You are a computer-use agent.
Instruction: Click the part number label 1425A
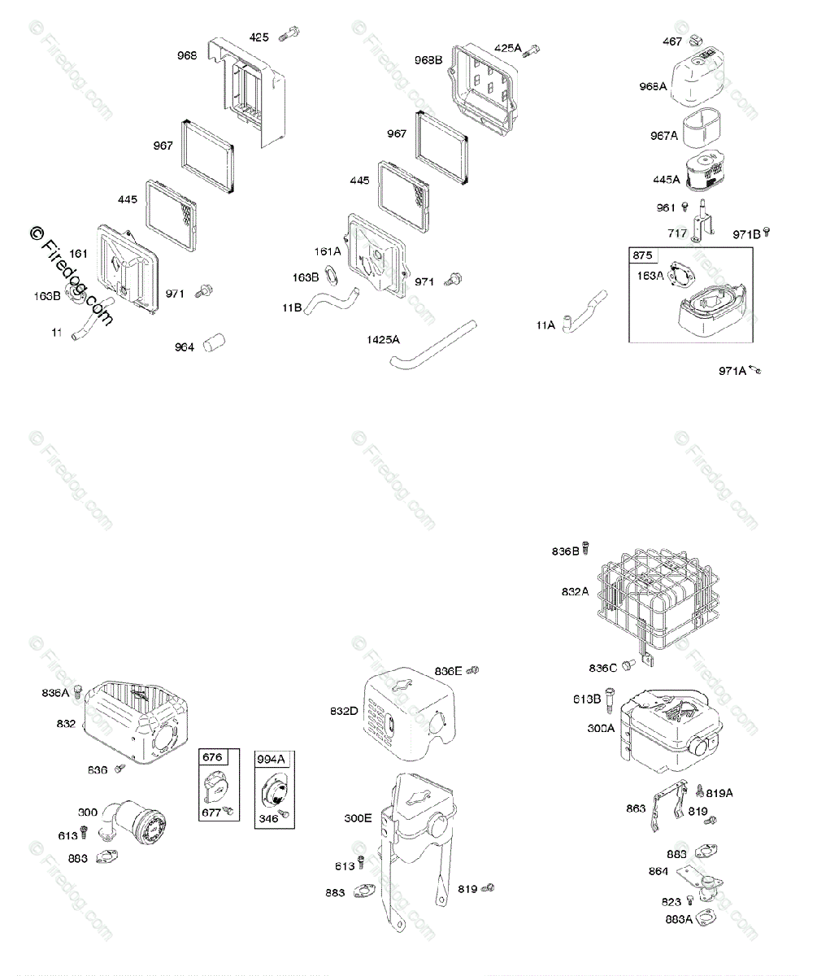[x=383, y=338]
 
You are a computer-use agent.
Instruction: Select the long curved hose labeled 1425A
[x=440, y=343]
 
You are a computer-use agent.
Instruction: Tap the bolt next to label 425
[x=289, y=36]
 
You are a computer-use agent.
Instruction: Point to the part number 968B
[x=428, y=59]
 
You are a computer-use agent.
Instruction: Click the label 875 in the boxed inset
[x=642, y=255]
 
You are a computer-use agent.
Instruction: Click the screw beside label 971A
[x=755, y=371]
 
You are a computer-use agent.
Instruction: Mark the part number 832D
[x=344, y=711]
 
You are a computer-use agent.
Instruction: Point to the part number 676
[x=211, y=757]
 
